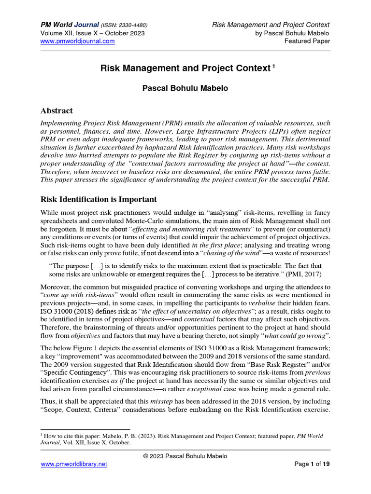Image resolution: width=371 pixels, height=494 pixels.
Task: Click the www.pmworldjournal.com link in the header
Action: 77,41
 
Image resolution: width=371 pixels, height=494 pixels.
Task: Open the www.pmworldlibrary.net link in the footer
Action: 73,464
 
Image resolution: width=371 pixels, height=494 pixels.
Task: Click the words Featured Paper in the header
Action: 307,41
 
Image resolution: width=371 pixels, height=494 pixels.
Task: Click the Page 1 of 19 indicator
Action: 312,464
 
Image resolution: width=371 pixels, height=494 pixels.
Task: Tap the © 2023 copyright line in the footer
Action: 185,456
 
